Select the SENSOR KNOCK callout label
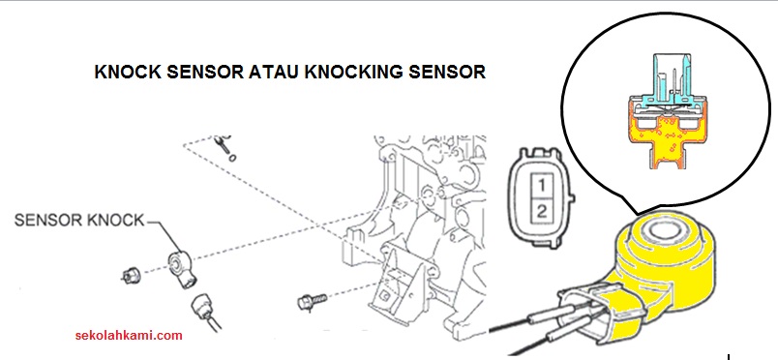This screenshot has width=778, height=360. [x=78, y=220]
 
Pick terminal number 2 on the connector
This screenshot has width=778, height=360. [x=543, y=209]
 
